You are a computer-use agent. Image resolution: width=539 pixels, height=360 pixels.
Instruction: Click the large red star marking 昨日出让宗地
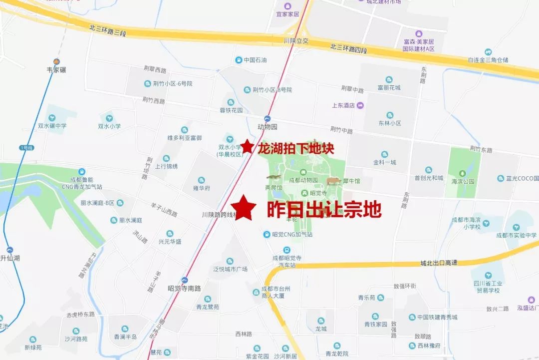(244, 208)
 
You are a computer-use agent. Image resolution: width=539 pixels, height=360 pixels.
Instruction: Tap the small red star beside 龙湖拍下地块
(247, 147)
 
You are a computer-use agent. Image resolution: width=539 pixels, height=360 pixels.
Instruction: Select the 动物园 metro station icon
(268, 119)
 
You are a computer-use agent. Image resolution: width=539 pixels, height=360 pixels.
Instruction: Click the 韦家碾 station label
(56, 70)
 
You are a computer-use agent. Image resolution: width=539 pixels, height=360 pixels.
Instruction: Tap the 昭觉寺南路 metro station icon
(185, 280)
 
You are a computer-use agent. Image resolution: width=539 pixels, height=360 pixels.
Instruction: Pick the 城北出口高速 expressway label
(439, 263)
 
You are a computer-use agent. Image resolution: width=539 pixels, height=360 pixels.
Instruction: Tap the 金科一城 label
(384, 162)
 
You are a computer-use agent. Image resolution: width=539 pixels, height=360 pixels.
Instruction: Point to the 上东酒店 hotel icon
(361, 105)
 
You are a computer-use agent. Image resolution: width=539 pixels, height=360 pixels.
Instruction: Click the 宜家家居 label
(287, 13)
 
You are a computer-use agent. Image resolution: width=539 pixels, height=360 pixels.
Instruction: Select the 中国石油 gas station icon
(239, 60)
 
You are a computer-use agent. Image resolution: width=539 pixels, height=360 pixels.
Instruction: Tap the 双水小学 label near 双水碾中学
(109, 126)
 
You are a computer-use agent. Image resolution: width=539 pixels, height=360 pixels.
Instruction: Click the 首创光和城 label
(428, 178)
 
